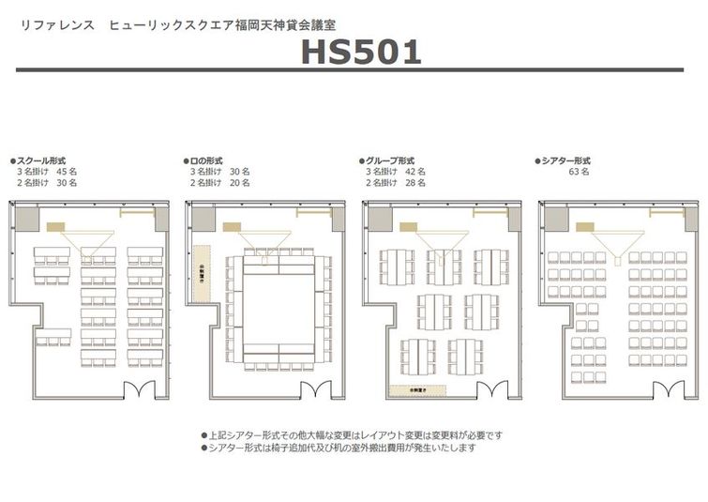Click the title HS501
(x=361, y=53)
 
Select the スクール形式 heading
(x=41, y=161)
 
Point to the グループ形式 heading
(x=387, y=161)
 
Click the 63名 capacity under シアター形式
(x=579, y=173)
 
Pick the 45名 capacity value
(x=67, y=173)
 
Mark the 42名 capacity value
(x=415, y=173)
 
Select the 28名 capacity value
(x=415, y=184)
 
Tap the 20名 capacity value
(x=239, y=184)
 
